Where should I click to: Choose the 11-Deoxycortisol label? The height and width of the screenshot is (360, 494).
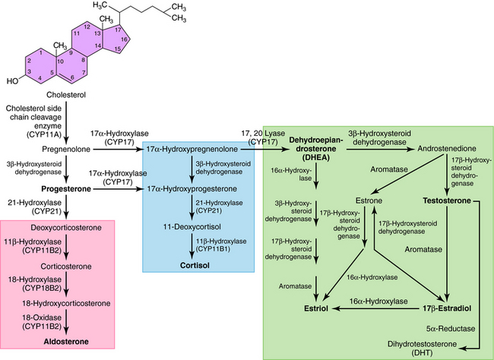point(197,227)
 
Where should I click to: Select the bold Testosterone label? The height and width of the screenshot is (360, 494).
point(448,201)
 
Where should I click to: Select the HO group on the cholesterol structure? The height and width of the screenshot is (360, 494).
point(11,79)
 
